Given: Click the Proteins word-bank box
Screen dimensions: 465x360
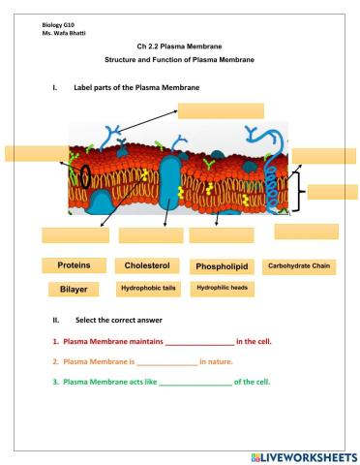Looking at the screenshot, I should point(74,265).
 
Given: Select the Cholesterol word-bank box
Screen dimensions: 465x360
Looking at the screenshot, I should point(147,265).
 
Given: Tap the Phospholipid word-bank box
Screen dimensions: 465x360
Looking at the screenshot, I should point(221,266).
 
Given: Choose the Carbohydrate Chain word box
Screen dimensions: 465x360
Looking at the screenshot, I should point(299,265).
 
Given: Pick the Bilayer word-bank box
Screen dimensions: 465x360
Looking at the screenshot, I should point(74,289).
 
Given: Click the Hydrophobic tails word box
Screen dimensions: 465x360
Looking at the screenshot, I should point(147,289).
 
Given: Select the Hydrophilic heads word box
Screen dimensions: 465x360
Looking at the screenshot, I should point(221,289).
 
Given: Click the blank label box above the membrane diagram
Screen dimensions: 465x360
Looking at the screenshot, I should point(221,110).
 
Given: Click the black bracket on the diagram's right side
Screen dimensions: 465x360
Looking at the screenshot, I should point(299,191).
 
